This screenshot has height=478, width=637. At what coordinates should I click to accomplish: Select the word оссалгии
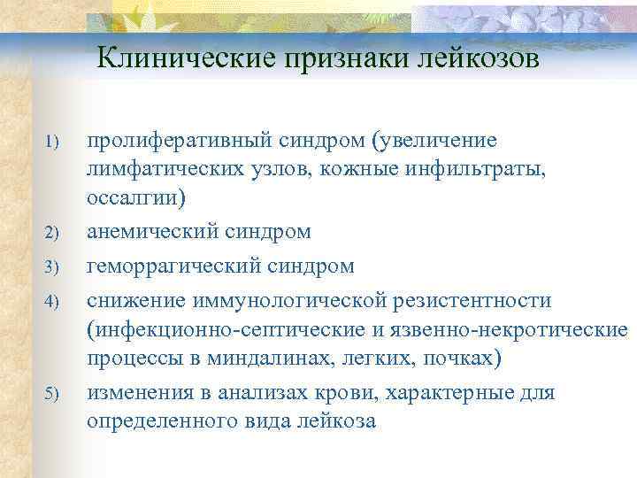pyautogui.click(x=134, y=197)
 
